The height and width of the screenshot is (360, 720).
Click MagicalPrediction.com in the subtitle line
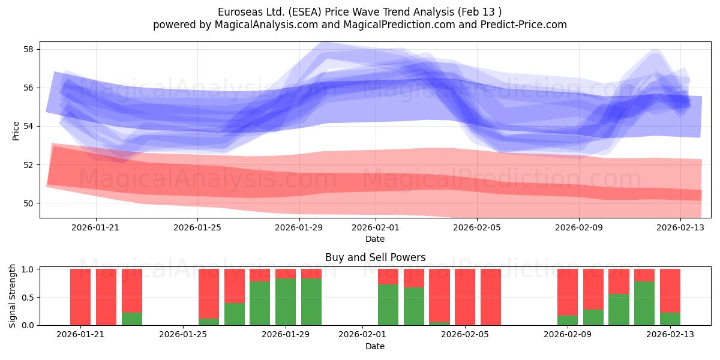click(x=399, y=25)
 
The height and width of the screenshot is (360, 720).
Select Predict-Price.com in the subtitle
click(x=524, y=25)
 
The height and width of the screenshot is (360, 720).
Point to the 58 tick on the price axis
click(x=28, y=49)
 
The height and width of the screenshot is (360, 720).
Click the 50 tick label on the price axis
click(x=28, y=203)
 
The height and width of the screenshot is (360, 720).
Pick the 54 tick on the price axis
click(x=28, y=127)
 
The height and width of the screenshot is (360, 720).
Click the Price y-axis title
click(x=16, y=131)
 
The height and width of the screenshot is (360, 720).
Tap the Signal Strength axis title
click(x=12, y=296)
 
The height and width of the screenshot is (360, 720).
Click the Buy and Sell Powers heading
click(x=375, y=257)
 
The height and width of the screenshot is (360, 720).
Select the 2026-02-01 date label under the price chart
click(x=375, y=228)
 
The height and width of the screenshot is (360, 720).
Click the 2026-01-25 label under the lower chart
click(x=183, y=335)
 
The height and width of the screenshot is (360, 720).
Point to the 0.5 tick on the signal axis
click(x=28, y=298)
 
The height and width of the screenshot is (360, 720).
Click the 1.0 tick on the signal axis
click(x=28, y=269)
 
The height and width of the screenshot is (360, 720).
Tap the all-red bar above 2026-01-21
click(x=80, y=297)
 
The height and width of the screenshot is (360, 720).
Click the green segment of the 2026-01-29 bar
click(x=286, y=302)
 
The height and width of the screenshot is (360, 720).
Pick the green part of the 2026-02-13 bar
click(x=670, y=319)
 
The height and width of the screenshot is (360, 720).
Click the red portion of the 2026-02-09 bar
click(x=568, y=292)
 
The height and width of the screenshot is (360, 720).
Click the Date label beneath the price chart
click(x=375, y=239)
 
